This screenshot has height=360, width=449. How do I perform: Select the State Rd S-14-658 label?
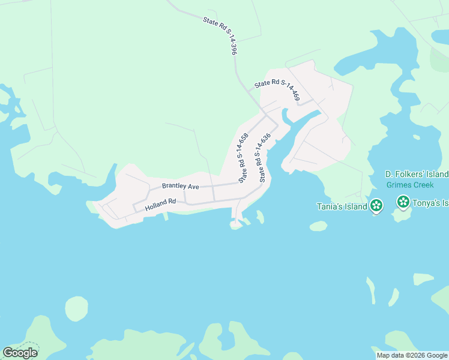point(243,158)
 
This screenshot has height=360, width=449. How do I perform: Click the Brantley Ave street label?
point(180,187)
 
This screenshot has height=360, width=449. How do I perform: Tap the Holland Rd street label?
point(160,205)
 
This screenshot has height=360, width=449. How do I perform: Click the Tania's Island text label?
point(342,207)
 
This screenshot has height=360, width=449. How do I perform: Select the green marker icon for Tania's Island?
point(376,206)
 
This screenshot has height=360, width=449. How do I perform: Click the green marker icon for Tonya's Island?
point(403,203)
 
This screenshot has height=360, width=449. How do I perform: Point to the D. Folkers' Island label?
point(417,174)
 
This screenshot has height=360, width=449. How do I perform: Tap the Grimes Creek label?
point(410,185)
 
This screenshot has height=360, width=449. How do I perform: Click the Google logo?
point(20,353)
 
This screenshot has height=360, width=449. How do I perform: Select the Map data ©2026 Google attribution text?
point(411,355)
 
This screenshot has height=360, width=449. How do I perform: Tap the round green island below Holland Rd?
point(76,308)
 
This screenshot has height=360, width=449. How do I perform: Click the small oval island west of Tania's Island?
point(318,226)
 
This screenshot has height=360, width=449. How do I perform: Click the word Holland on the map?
point(155,205)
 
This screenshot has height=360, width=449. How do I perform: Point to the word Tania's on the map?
point(330,207)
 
